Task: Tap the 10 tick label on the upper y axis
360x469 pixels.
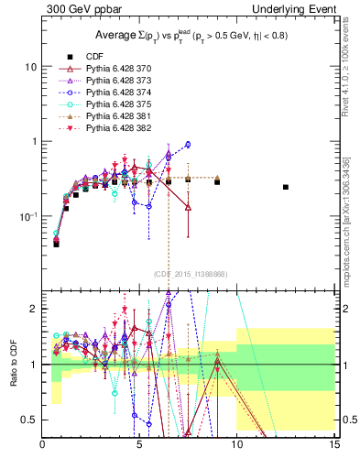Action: pyautogui.click(x=30, y=67)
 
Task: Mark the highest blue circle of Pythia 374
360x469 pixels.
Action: pyautogui.click(x=188, y=144)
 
